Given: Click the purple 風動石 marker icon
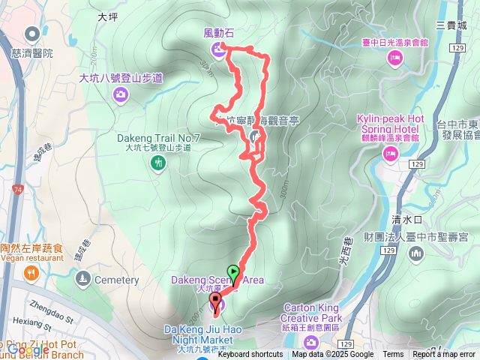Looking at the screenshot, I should (x=217, y=49).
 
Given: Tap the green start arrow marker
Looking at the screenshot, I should (x=234, y=272).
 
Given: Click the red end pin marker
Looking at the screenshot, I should (x=217, y=304).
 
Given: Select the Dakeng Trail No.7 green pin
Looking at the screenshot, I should (x=157, y=162).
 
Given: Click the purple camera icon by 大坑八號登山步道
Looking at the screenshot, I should (x=120, y=94).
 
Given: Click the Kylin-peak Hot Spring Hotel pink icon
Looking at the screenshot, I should (x=389, y=153).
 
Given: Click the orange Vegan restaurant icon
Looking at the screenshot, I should (x=30, y=271).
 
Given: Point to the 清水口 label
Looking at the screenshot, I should (x=407, y=219).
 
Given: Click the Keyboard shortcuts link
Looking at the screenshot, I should (x=251, y=355).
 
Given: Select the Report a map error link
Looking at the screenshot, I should (x=445, y=355).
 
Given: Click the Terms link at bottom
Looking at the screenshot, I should (x=393, y=355).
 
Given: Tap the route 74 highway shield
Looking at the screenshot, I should (x=17, y=191).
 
